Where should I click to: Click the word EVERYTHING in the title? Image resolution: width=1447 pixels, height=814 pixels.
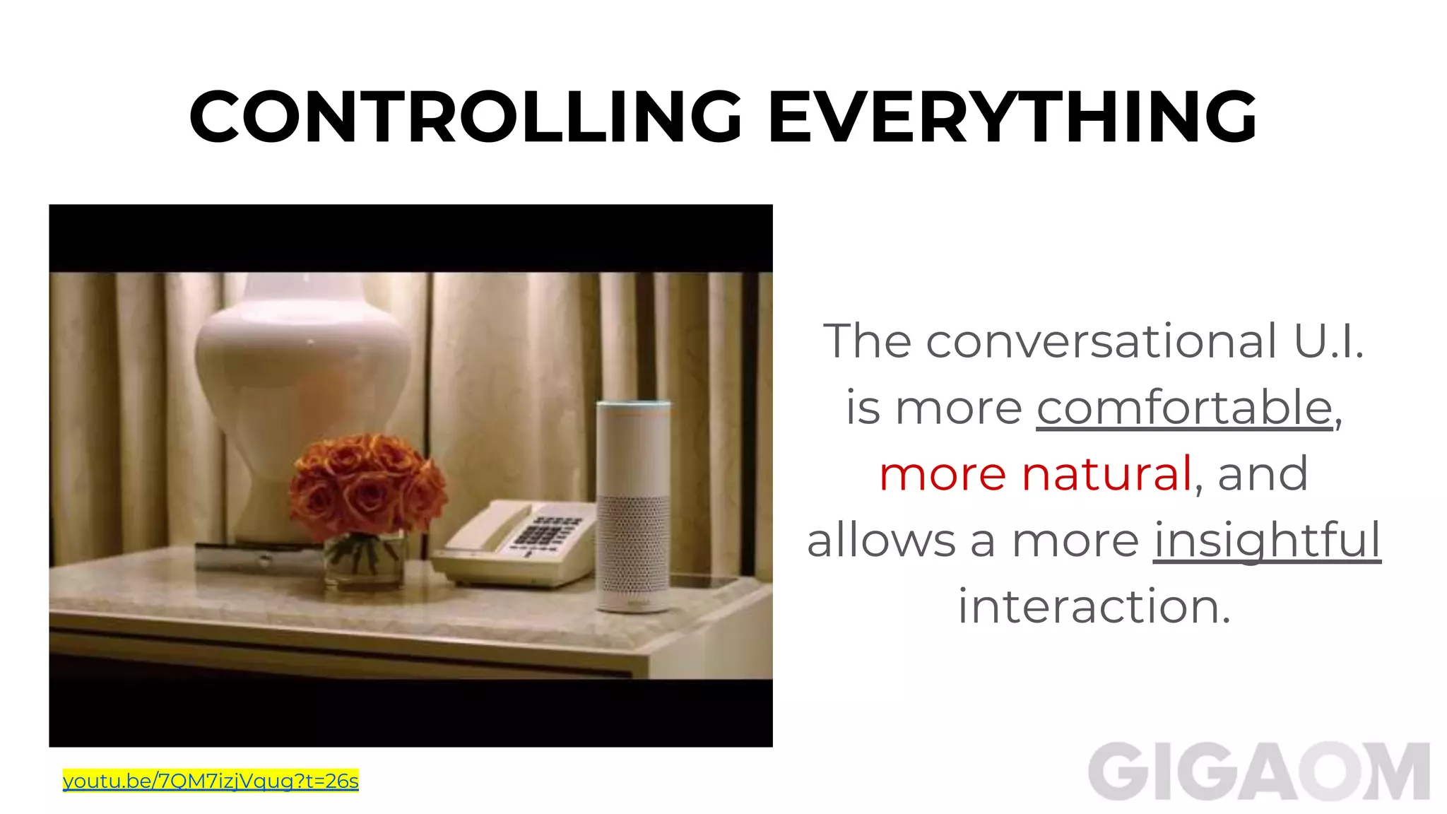click(x=1012, y=117)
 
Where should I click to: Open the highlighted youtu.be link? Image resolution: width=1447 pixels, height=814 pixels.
click(x=211, y=781)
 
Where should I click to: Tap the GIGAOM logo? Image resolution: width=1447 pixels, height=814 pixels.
click(x=1258, y=772)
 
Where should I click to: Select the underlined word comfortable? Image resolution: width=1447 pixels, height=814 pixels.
click(x=1185, y=408)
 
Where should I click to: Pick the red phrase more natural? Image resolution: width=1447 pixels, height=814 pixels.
click(x=1036, y=473)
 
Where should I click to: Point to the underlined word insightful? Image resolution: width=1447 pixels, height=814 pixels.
click(x=1267, y=540)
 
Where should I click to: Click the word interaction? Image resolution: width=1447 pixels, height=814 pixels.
click(x=1094, y=606)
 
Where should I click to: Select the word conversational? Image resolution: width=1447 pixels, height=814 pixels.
click(x=1102, y=341)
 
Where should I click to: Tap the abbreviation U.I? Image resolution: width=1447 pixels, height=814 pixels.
click(x=1328, y=341)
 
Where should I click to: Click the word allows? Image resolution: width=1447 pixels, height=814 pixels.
click(x=880, y=540)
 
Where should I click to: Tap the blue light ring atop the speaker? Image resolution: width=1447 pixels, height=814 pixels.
click(x=633, y=405)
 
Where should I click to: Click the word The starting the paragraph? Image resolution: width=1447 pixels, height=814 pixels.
click(x=867, y=341)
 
